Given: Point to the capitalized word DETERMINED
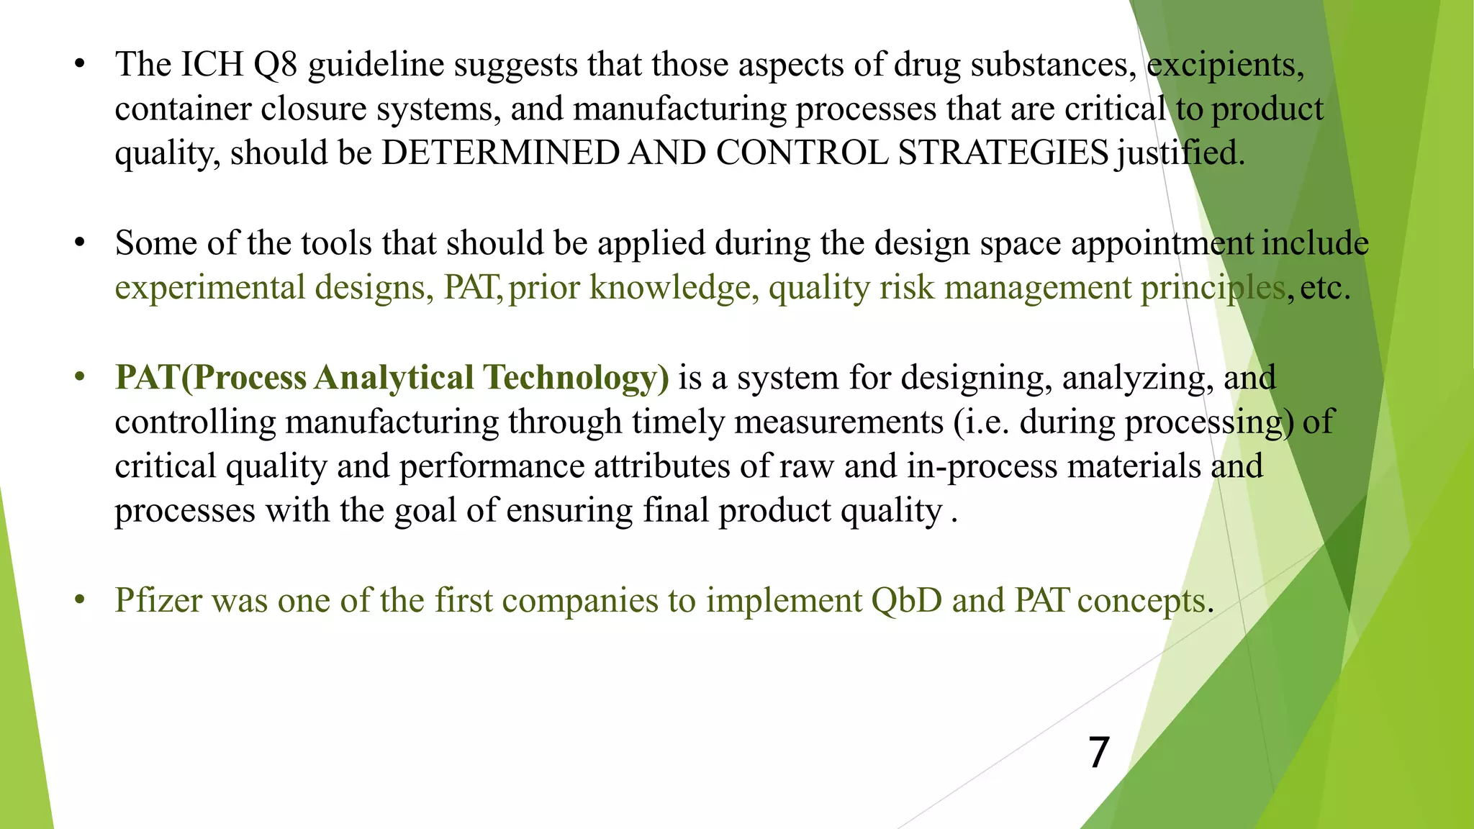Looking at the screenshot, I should (500, 153).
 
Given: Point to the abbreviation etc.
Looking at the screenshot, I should (1324, 289).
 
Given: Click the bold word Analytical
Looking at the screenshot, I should (394, 378).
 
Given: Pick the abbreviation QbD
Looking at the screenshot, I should (906, 601).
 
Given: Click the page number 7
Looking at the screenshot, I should (1098, 753).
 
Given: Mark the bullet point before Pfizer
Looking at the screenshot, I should (80, 600).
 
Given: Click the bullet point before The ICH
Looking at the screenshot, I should (80, 65).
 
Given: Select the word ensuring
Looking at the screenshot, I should (569, 512).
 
